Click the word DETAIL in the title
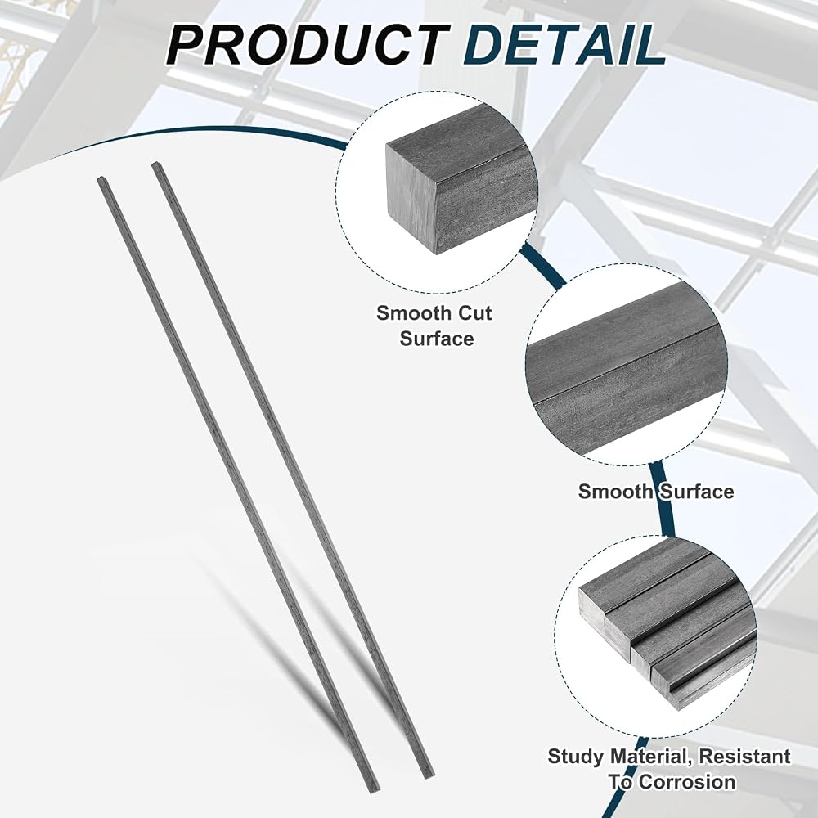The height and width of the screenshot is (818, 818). tap(565, 45)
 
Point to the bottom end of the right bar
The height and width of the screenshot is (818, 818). tap(428, 771)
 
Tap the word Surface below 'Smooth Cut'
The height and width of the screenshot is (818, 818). tap(437, 339)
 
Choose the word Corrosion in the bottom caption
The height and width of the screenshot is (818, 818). tap(688, 781)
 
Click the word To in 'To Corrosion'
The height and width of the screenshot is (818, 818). tap(622, 781)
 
